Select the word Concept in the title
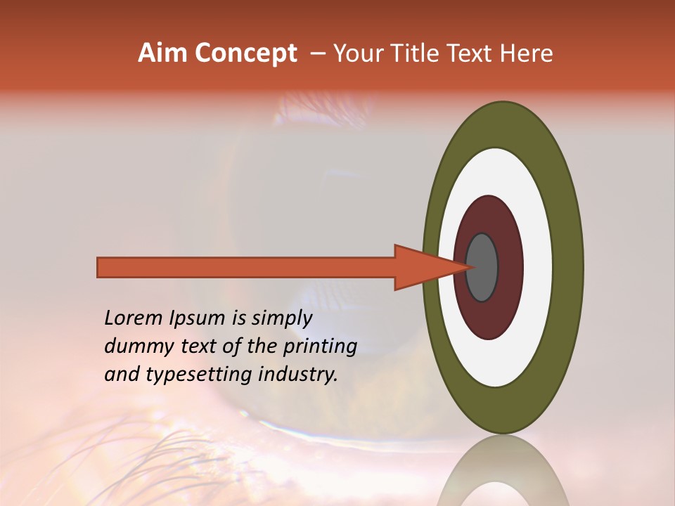245,53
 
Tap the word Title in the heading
415,53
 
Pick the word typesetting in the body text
188,375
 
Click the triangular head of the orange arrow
422,268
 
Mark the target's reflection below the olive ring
503,471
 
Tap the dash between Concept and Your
317,53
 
